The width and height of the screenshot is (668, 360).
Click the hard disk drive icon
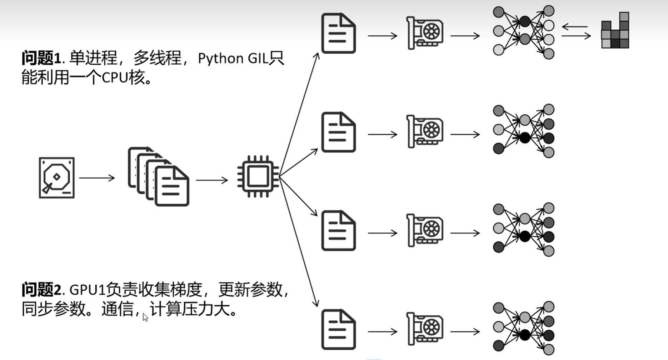point(57,177)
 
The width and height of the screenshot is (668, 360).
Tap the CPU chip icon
point(258,176)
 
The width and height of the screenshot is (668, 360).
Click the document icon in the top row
point(338,33)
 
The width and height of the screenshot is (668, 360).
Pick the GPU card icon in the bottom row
point(425,329)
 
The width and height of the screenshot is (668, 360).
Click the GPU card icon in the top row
point(425,33)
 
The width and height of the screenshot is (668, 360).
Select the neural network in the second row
point(524,131)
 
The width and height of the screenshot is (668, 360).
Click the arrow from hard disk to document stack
point(97,177)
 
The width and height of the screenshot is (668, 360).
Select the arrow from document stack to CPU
point(212,180)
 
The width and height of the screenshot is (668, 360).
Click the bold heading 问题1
point(41,58)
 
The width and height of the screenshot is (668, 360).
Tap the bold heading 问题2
point(41,290)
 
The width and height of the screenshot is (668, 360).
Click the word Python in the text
point(220,59)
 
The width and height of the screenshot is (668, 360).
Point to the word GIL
point(258,59)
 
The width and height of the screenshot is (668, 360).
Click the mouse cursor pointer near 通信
point(145,317)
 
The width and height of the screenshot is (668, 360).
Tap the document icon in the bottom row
point(338,329)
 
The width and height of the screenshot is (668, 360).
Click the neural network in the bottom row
point(524,328)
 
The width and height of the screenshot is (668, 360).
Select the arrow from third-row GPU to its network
point(465,233)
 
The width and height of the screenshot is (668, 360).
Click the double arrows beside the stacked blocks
point(576,31)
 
